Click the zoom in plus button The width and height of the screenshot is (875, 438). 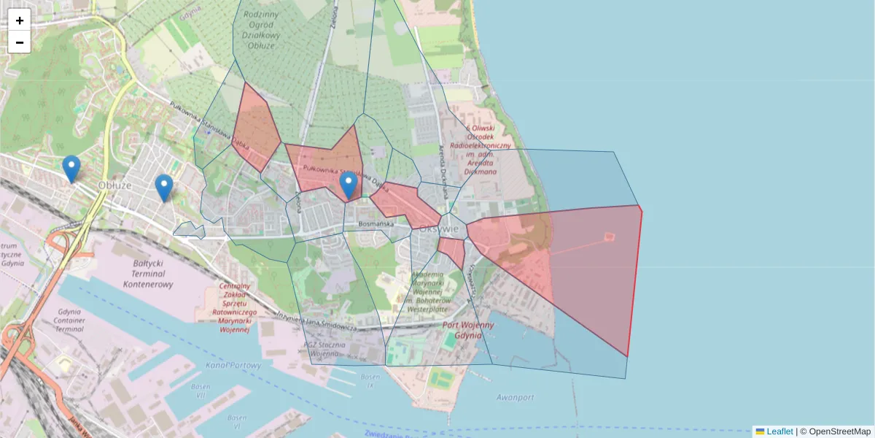(x=20, y=20)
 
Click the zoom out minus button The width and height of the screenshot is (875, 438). (x=20, y=42)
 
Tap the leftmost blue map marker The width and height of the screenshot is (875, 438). (x=71, y=169)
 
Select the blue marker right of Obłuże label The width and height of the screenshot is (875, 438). (x=164, y=188)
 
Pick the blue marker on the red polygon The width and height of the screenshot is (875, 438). (x=349, y=185)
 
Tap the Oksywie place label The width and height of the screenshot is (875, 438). (x=439, y=228)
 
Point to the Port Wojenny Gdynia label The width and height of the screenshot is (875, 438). (x=468, y=330)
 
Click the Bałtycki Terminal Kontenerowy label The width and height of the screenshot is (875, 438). (x=148, y=273)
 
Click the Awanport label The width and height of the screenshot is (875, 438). (x=515, y=398)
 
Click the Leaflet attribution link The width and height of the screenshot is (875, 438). (x=779, y=431)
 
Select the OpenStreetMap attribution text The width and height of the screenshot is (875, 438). (x=835, y=431)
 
